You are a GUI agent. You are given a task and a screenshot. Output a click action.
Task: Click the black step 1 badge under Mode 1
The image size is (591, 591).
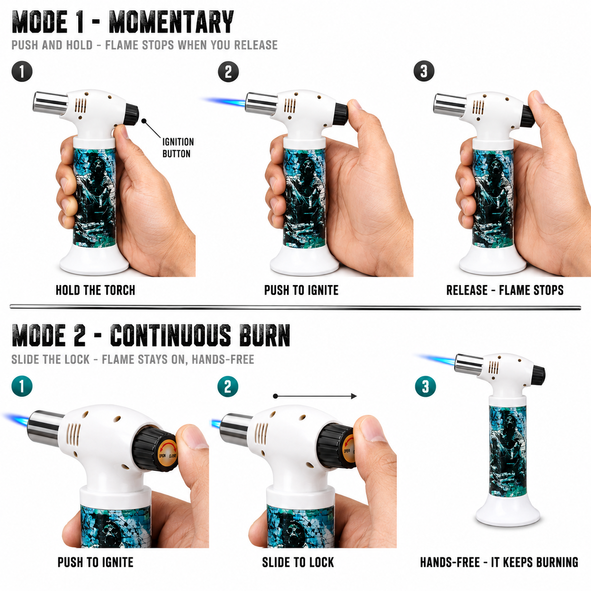pos(22,72)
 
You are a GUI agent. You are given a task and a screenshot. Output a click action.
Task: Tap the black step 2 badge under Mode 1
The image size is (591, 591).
pos(228,72)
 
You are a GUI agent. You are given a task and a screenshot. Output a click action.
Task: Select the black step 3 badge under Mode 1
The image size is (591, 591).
pos(424,71)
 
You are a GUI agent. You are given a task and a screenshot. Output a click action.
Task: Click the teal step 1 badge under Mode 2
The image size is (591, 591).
pos(22,386)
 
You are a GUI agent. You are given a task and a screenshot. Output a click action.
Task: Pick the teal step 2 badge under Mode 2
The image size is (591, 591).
pos(228,386)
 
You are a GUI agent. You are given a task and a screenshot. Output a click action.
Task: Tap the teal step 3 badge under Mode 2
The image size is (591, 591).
pos(426,386)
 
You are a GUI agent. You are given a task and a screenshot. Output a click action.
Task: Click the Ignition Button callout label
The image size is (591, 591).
pos(178,148)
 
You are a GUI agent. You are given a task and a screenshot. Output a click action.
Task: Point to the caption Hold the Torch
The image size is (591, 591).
pos(95,290)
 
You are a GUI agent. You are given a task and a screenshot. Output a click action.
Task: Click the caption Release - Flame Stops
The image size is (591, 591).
pos(505,290)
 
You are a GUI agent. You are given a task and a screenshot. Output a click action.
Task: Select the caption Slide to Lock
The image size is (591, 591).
pos(298,562)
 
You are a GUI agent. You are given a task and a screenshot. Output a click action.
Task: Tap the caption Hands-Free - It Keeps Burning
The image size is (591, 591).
pos(499,562)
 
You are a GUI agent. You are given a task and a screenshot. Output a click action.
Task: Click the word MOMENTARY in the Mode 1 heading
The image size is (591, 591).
pos(172,22)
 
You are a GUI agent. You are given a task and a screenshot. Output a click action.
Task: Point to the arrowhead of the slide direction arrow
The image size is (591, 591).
pos(354,396)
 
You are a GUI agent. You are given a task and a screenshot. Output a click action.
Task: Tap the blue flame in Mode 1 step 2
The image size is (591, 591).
pos(224,101)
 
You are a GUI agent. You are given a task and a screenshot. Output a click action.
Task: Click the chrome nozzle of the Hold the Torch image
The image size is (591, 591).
pos(50,103)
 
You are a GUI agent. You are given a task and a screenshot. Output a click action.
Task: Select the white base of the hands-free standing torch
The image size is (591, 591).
pos(508,508)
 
